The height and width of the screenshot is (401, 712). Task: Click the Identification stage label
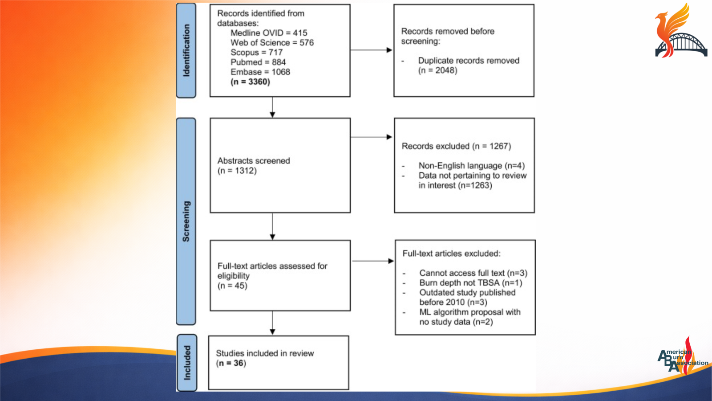[186, 50]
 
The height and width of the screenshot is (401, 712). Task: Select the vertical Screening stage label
[186, 221]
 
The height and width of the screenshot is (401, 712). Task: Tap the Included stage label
[187, 363]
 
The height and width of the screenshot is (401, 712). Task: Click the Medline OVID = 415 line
[268, 33]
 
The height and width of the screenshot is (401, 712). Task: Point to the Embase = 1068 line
[260, 72]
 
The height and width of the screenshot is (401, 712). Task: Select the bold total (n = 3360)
[250, 82]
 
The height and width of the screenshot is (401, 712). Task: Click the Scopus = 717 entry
[256, 53]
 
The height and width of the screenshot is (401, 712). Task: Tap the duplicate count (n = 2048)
[437, 70]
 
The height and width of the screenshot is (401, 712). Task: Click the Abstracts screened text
[254, 161]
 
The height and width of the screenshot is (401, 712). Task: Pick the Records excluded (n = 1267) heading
[456, 146]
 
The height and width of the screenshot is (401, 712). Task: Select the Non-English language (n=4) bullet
[471, 166]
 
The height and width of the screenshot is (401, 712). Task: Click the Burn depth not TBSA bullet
[470, 283]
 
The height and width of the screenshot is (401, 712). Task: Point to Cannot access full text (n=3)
[473, 273]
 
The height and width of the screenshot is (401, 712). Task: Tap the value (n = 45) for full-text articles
[232, 286]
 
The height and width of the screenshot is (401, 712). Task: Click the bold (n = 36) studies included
[231, 364]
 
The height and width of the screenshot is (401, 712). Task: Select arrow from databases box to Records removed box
[372, 50]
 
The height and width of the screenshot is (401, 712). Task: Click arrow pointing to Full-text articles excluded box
[373, 261]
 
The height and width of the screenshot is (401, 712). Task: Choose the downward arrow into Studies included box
[272, 323]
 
